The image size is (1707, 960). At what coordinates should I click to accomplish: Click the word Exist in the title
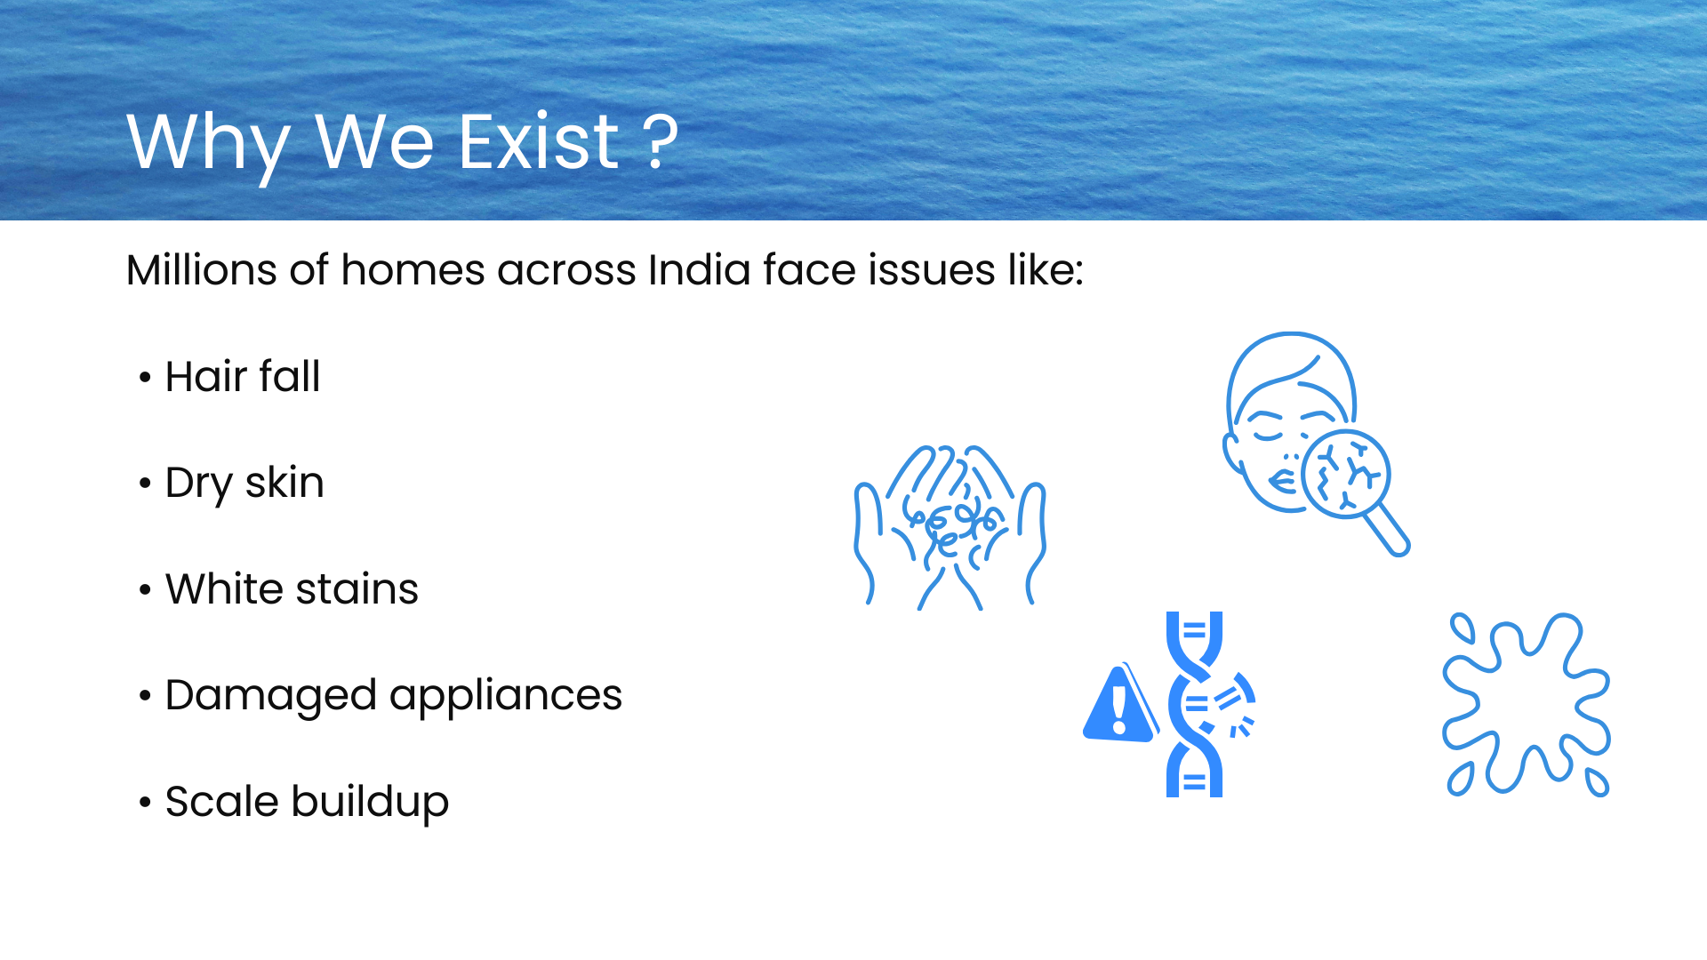coord(539,141)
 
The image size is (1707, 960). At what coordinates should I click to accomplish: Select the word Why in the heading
coord(209,146)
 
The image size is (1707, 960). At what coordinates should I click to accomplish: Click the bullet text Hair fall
coord(243,376)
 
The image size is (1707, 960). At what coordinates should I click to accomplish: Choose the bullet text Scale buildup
coord(307,803)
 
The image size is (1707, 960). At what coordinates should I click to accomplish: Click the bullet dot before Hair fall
coord(145,377)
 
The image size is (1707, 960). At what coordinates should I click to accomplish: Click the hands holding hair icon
coord(950,528)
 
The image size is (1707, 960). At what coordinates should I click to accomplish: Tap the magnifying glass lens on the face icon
coord(1345,474)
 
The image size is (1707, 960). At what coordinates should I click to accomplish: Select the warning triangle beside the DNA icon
coord(1120,704)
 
